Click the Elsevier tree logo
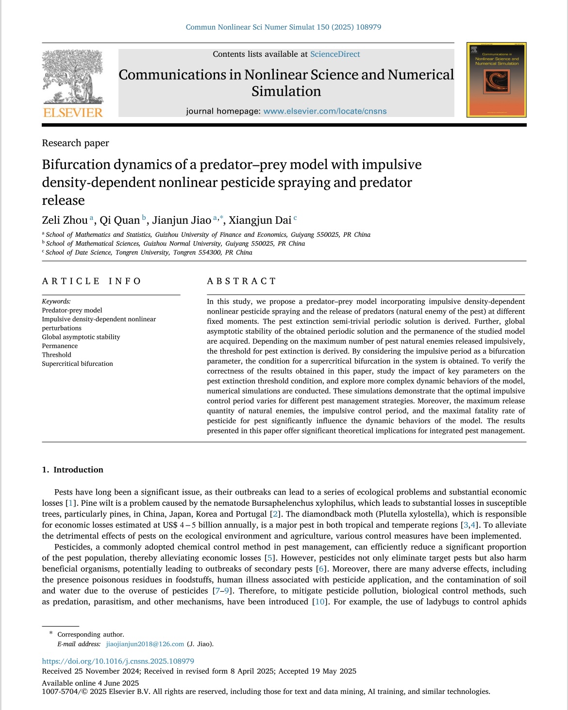(73, 77)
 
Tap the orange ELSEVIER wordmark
(73, 113)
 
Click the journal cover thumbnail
(496, 80)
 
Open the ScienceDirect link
(335, 54)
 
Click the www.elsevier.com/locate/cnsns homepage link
(325, 111)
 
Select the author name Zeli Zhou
(65, 220)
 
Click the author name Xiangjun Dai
(260, 220)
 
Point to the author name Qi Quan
(119, 220)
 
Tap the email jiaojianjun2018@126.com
(145, 644)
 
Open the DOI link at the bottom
(118, 661)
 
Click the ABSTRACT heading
(241, 281)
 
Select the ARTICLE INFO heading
(91, 281)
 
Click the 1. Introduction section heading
(73, 470)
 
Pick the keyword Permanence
(60, 346)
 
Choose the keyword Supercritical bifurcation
(77, 363)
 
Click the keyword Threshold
(56, 355)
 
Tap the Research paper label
(75, 143)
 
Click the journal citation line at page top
(284, 27)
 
